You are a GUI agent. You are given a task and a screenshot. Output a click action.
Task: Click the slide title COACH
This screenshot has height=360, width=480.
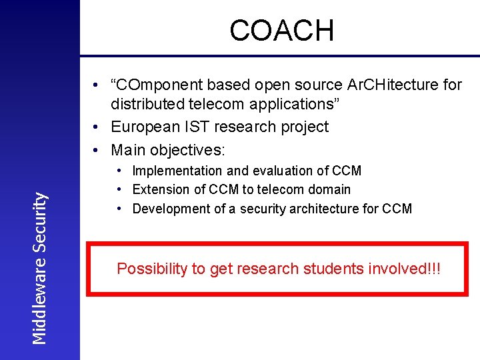tap(281, 31)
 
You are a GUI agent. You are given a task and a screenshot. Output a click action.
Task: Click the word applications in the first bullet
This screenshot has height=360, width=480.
tap(291, 105)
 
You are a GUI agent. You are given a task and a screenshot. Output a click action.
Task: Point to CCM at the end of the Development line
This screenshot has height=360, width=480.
tap(397, 209)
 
